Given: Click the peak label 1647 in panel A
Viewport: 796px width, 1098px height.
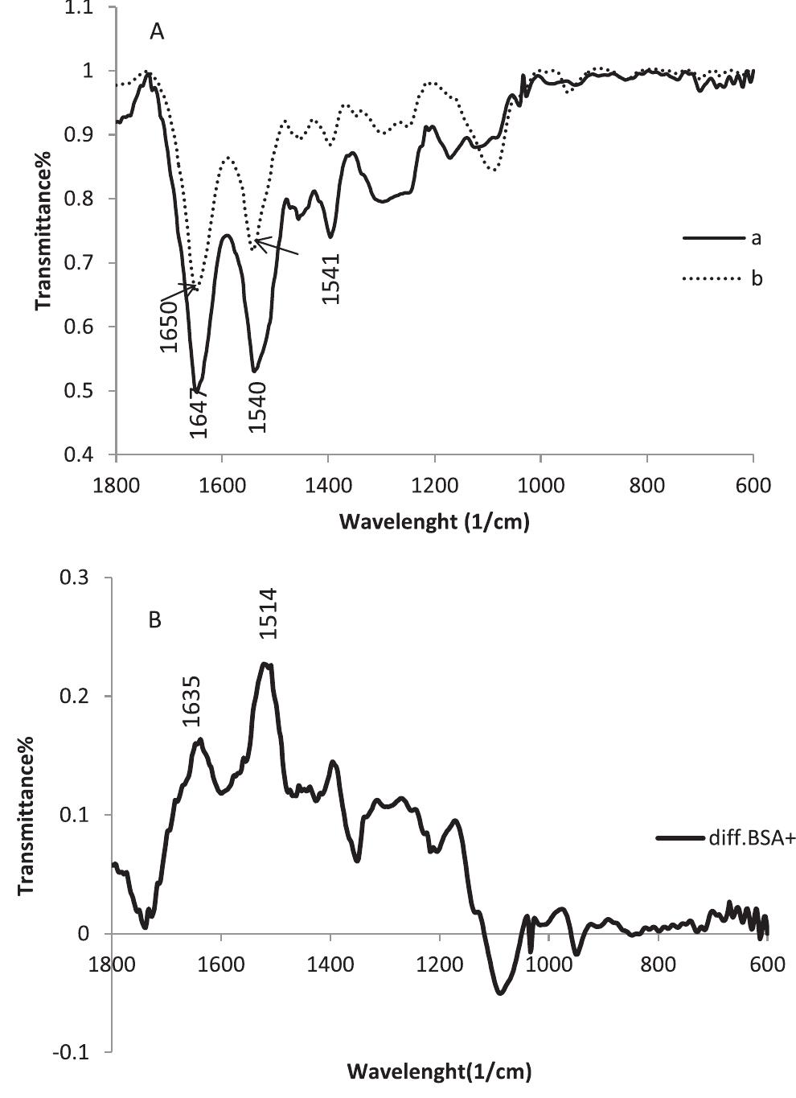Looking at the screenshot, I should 199,411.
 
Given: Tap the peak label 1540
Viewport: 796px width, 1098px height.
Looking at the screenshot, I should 257,406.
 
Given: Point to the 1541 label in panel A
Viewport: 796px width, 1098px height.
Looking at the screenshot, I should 331,278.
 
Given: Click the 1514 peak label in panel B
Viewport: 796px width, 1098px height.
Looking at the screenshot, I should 269,614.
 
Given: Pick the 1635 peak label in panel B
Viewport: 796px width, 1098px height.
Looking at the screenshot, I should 192,701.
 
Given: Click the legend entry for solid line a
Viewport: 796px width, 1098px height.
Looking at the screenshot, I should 756,238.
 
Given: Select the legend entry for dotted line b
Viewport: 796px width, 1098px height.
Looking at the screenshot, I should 756,279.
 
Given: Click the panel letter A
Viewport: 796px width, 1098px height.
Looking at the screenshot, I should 157,32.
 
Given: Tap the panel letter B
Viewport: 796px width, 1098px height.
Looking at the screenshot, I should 155,620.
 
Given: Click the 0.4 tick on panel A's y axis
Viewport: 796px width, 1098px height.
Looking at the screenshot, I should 83,455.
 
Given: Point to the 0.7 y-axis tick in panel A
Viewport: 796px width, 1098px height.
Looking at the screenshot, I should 83,263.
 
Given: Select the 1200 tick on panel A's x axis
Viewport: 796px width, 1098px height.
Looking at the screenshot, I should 435,485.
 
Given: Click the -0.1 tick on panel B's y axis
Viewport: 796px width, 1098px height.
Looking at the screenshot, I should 79,1053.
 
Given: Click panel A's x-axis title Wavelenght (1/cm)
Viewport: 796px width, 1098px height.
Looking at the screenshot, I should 434,522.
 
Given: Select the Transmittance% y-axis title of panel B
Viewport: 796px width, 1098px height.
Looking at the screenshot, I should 26,815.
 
